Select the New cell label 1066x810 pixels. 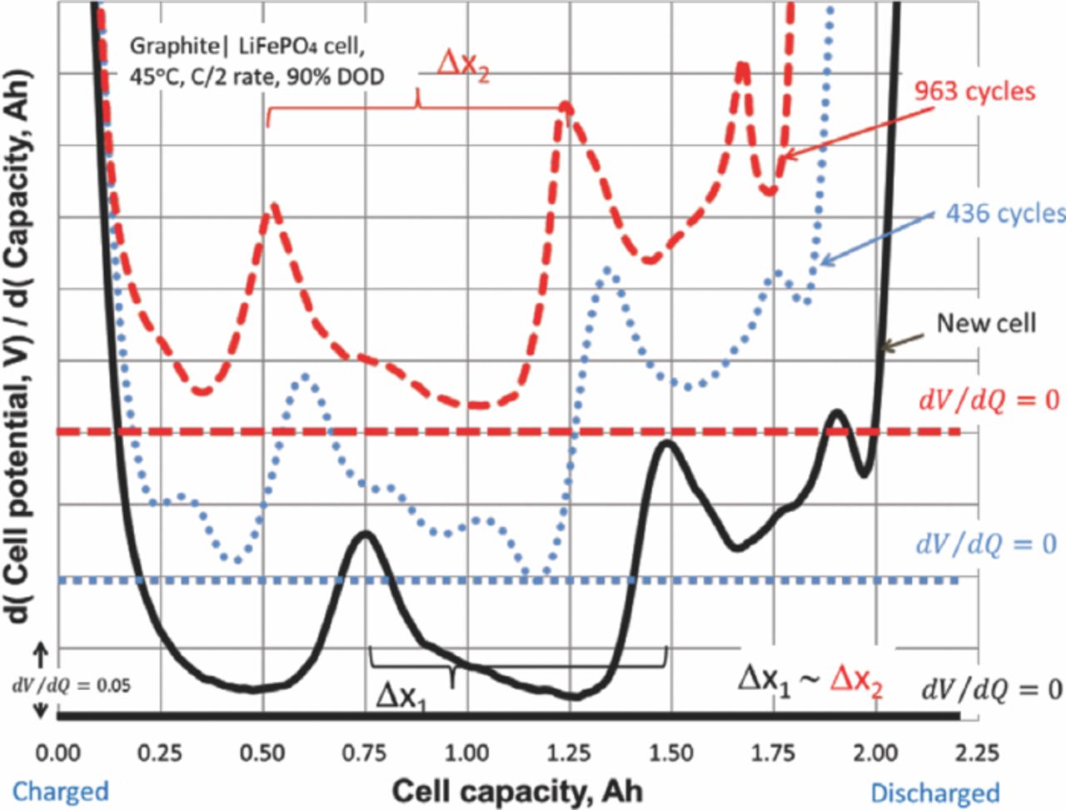pyautogui.click(x=986, y=323)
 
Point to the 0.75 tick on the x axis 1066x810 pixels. pyautogui.click(x=366, y=754)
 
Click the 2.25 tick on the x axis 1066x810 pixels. pyautogui.click(x=959, y=754)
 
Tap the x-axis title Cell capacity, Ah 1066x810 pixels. pyautogui.click(x=516, y=788)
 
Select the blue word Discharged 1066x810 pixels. pyautogui.click(x=934, y=792)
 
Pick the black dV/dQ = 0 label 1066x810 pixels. pyautogui.click(x=990, y=688)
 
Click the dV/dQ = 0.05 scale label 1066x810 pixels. pyautogui.click(x=71, y=686)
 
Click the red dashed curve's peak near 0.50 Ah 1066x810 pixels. pyautogui.click(x=271, y=208)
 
